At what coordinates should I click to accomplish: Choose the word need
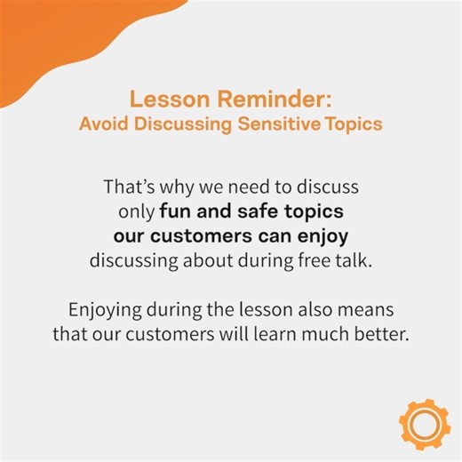pos(254,189)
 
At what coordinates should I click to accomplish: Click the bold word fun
pos(176,213)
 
